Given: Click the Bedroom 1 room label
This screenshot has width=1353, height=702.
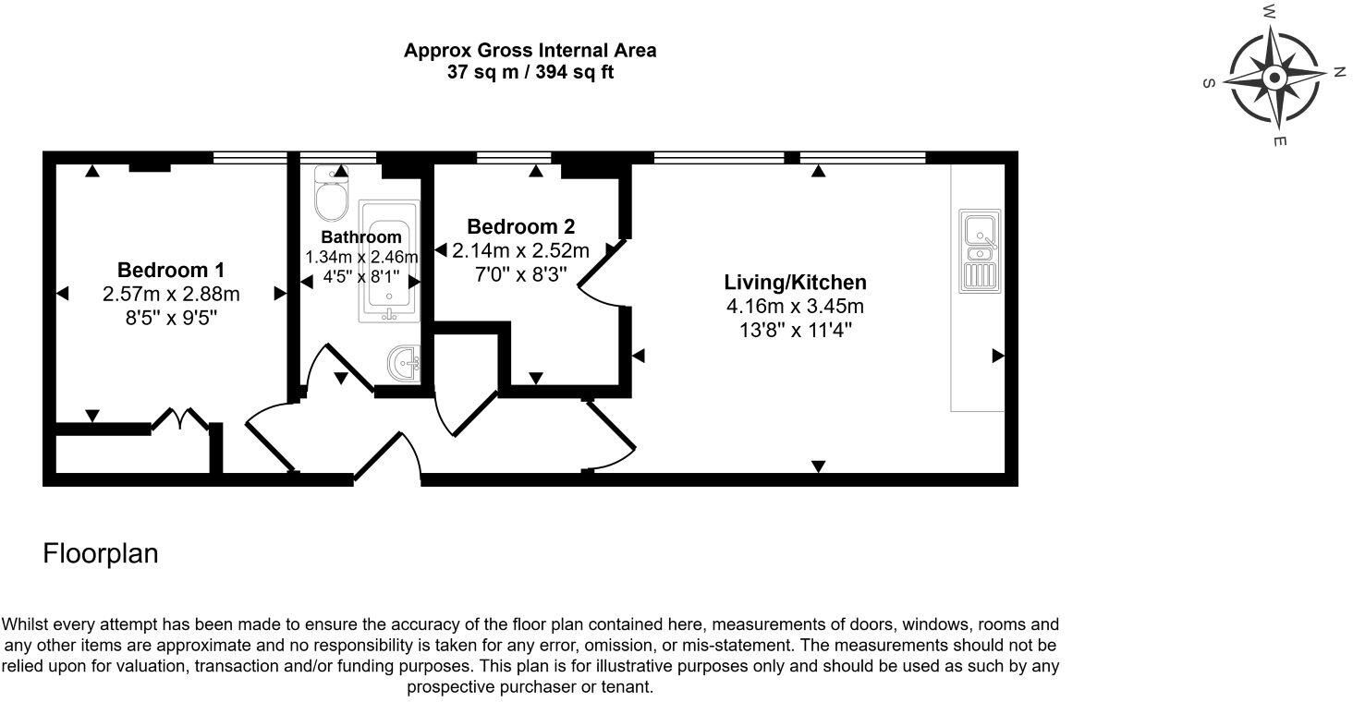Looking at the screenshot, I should tap(170, 271).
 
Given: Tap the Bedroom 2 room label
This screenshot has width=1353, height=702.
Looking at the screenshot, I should tap(520, 226).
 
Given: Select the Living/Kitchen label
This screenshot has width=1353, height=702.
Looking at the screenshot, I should tap(795, 283).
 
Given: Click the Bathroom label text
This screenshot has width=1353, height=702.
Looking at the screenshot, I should tap(361, 237).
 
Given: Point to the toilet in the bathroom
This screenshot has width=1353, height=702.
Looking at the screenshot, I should tap(328, 193).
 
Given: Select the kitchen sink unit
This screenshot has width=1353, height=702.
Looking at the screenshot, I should tap(979, 251).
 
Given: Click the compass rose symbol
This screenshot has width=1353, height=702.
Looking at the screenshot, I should tap(1274, 78).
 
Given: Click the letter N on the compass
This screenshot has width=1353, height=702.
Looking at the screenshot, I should tap(1338, 72).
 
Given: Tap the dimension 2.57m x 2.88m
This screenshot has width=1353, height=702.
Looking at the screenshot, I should tap(171, 295).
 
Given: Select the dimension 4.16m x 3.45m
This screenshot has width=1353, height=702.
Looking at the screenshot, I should tap(795, 307).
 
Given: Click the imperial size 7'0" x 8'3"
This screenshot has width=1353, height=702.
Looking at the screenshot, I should tap(521, 274).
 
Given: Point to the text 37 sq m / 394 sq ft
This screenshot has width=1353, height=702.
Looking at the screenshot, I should tap(530, 72).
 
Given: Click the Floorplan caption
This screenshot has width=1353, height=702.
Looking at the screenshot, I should tap(101, 553).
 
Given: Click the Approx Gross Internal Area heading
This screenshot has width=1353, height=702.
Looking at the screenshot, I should tap(530, 50).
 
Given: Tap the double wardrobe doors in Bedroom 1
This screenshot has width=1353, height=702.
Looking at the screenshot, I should tap(180, 420).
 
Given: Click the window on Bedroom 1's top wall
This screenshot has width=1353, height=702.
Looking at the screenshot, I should tap(250, 158).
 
